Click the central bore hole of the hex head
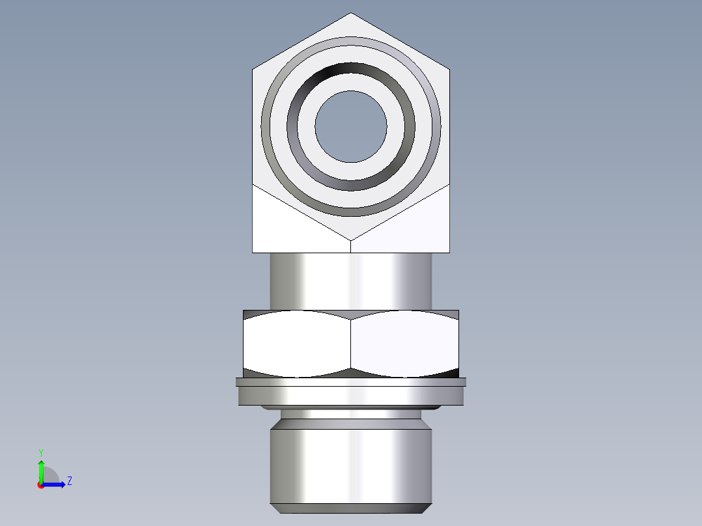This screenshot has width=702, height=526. coord(351,126)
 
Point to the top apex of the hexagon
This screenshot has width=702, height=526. coord(351,13)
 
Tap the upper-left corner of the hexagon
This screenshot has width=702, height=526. coord(253,68)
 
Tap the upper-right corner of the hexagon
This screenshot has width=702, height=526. coord(449,68)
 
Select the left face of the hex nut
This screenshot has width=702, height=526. coord(297,343)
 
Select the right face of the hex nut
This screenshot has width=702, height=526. coord(405,343)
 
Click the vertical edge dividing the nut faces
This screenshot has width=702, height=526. coord(351,343)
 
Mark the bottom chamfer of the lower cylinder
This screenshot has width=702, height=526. coord(351,508)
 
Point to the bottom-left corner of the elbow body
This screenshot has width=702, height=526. coord(253,252)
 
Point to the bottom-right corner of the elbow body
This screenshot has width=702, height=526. coord(449,252)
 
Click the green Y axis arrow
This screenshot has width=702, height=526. coord(41,470)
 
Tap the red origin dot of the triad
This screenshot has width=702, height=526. coord(40,485)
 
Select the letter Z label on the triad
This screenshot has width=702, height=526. coord(69,481)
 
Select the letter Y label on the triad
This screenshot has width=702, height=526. coord(40,452)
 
